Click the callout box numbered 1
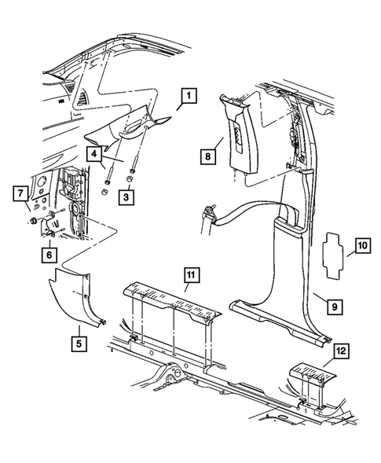click(x=189, y=95)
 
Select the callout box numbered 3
click(x=126, y=197)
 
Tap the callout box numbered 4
click(x=93, y=154)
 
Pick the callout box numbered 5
click(x=79, y=344)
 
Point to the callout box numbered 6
click(x=49, y=255)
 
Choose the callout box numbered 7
click(x=20, y=193)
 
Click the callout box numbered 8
click(x=208, y=156)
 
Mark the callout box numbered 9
click(x=335, y=307)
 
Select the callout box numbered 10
click(x=363, y=245)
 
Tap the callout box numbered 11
click(x=191, y=275)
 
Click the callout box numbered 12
click(x=342, y=351)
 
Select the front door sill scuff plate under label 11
click(x=171, y=303)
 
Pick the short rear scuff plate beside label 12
click(x=313, y=373)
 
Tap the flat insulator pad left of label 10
click(x=332, y=255)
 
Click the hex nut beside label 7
click(x=34, y=220)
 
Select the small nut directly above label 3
click(x=129, y=179)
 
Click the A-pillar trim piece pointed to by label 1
click(x=127, y=130)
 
